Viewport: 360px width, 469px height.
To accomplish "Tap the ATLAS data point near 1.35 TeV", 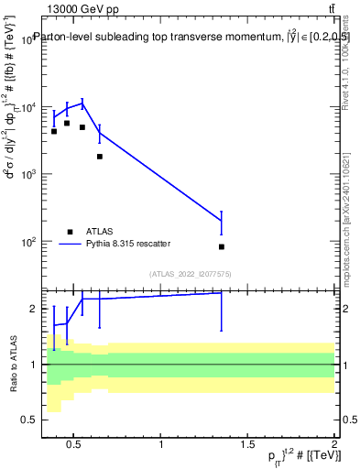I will pos(222,246).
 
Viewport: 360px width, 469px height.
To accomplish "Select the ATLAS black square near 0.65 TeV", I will pos(100,157).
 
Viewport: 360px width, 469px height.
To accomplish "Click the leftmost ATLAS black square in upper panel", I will pos(54,131).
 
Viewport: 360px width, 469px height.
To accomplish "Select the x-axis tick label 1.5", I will pos(247,445).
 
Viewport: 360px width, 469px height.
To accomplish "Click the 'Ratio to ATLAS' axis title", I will pos(11,364).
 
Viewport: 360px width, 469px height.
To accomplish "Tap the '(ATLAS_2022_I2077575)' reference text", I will pos(190,274).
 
